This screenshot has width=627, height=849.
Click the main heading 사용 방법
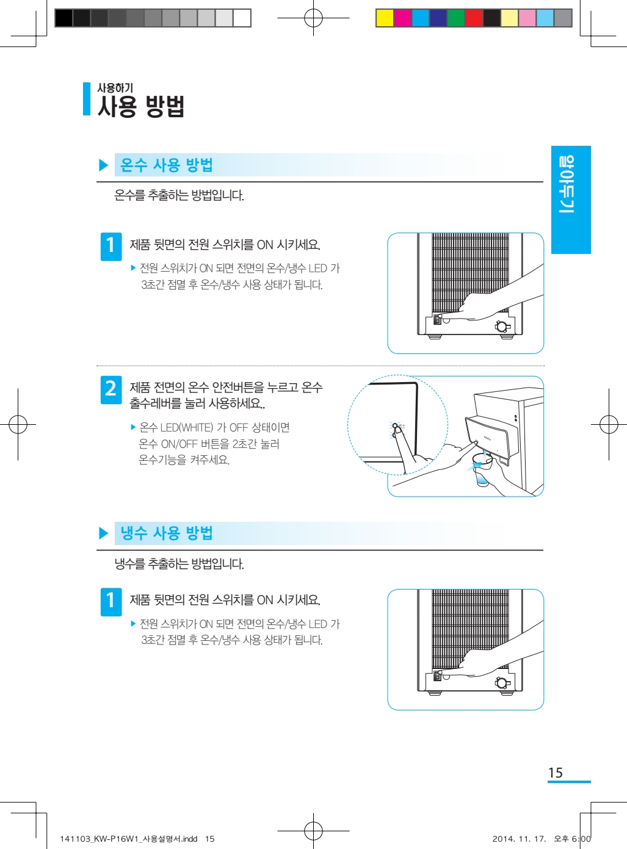[141, 106]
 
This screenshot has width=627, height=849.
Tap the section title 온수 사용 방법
[166, 165]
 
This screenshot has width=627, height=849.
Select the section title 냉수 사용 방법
[166, 533]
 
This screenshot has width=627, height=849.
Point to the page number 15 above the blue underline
[556, 773]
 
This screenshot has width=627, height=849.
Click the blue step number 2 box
[111, 389]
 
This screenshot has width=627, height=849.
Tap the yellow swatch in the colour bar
[385, 18]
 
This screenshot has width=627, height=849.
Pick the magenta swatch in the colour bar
[402, 18]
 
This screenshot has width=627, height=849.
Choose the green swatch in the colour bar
[456, 18]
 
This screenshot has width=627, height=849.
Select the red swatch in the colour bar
[474, 18]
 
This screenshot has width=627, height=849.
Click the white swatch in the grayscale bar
[242, 18]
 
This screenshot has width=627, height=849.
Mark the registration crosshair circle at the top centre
[313, 18]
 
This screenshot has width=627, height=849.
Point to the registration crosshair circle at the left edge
[18, 425]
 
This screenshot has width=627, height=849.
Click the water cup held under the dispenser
[482, 470]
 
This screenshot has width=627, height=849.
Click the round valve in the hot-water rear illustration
[502, 326]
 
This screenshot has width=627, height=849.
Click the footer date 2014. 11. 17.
[519, 839]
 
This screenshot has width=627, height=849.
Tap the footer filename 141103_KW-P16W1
[101, 839]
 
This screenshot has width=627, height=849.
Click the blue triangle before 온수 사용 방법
[103, 165]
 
